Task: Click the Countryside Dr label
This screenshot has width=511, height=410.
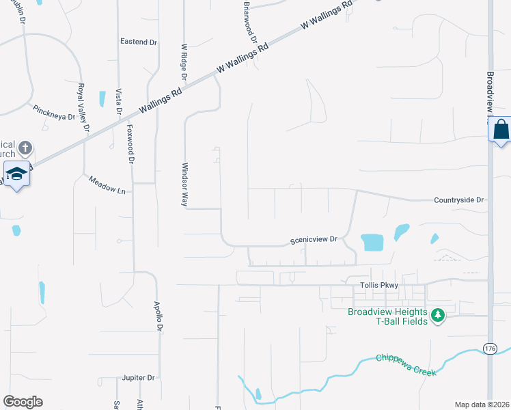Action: click(458, 200)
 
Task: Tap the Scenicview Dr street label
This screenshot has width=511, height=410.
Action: click(314, 240)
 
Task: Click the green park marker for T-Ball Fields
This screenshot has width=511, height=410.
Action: click(438, 316)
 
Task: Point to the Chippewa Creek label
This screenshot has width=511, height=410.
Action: click(406, 364)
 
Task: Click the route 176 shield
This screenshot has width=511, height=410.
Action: click(490, 348)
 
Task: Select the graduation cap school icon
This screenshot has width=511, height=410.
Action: click(16, 173)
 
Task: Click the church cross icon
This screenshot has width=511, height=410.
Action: click(25, 148)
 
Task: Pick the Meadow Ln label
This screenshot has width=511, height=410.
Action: click(107, 184)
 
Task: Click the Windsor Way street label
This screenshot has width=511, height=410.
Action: click(184, 184)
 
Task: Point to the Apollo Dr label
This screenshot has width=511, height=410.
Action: click(157, 316)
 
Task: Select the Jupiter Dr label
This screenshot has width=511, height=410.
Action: click(139, 377)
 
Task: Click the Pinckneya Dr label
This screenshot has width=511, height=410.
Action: click(53, 113)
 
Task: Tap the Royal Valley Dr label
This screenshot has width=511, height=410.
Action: click(83, 107)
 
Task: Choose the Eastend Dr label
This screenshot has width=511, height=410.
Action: click(139, 42)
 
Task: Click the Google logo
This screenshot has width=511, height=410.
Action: click(23, 402)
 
